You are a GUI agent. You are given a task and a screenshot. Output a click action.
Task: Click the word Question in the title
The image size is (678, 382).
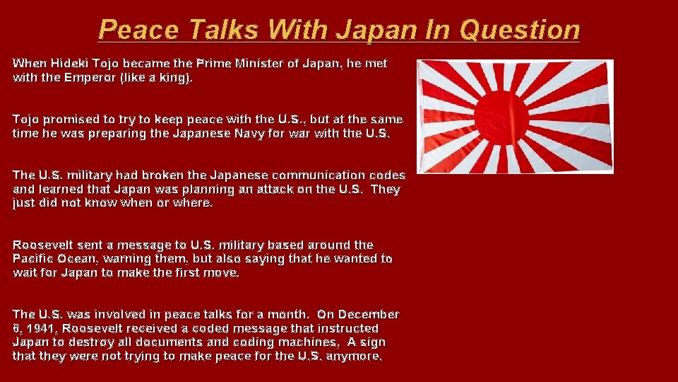519,30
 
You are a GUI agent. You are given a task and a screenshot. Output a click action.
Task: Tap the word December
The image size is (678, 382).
367,314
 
